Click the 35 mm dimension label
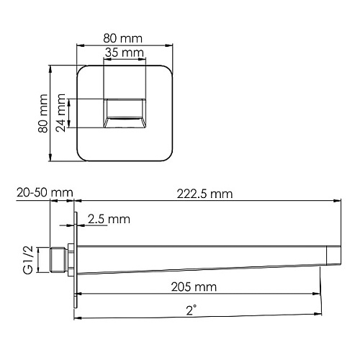(x=124, y=53)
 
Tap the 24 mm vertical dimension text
(x=60, y=112)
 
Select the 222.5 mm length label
(x=204, y=194)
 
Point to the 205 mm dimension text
(x=194, y=287)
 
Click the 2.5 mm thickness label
(x=109, y=219)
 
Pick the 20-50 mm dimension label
(x=45, y=192)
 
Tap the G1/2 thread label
(x=28, y=260)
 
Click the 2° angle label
(x=192, y=310)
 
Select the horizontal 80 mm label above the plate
(x=122, y=38)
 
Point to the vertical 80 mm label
(x=43, y=113)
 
